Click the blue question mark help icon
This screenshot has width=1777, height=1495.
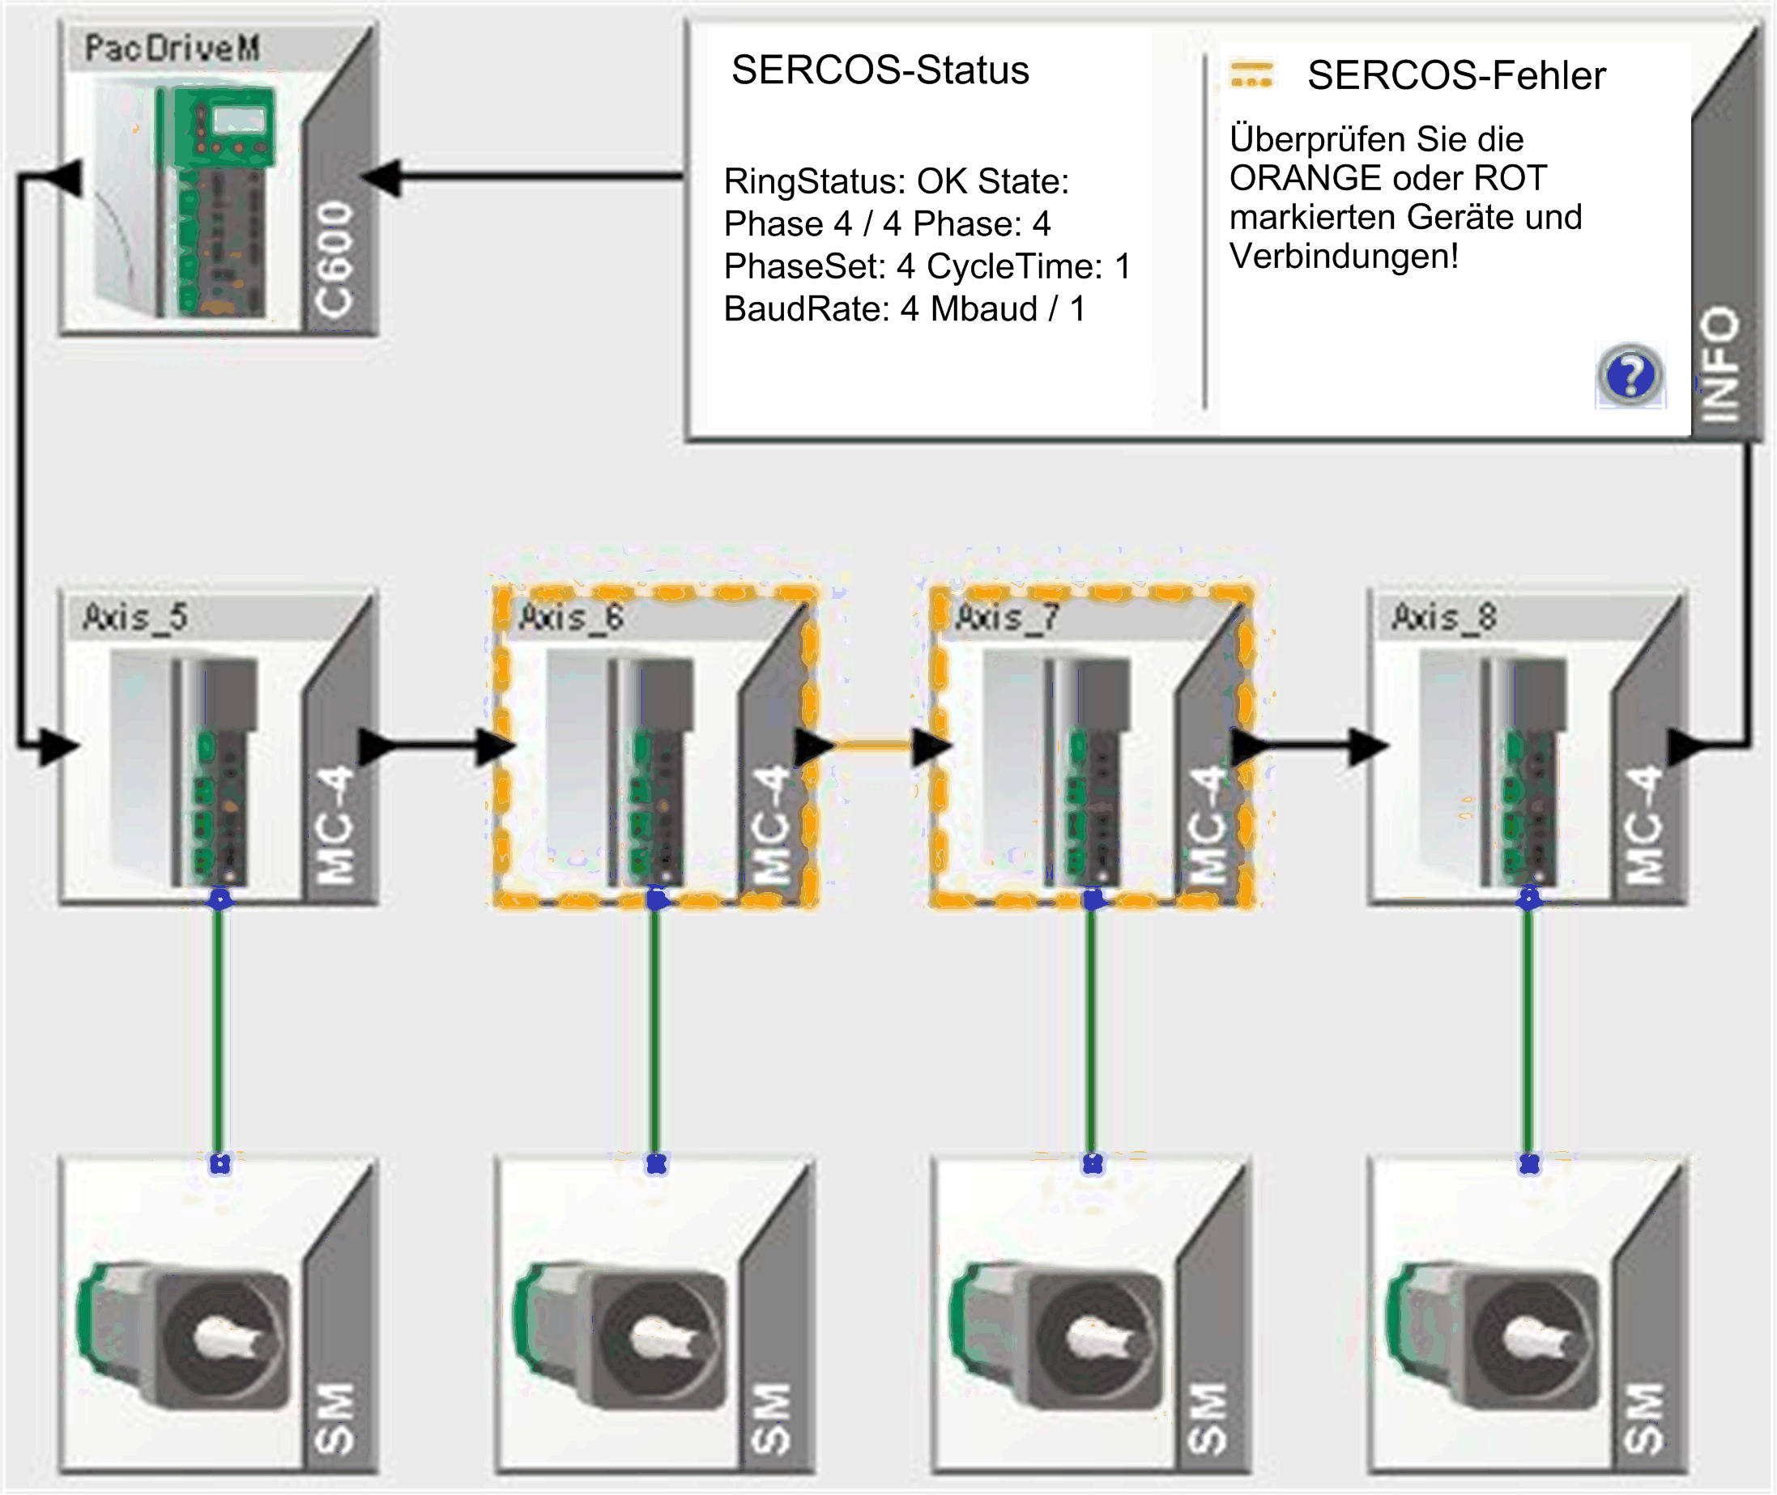(x=1630, y=376)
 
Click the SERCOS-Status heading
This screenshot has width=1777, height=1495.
(x=880, y=70)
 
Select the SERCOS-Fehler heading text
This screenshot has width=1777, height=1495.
(x=1455, y=76)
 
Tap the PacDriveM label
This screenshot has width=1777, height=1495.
(x=172, y=49)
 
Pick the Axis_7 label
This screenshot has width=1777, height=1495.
(x=1008, y=617)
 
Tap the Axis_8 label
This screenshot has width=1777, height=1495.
(x=1445, y=617)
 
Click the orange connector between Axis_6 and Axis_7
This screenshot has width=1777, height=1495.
(x=873, y=745)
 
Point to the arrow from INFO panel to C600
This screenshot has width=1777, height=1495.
(x=526, y=177)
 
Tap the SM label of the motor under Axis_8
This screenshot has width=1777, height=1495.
(x=1643, y=1419)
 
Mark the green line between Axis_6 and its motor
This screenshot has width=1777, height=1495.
(x=654, y=1030)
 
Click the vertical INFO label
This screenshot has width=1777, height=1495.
(x=1721, y=364)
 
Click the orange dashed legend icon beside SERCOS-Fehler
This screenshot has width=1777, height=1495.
(x=1251, y=74)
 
